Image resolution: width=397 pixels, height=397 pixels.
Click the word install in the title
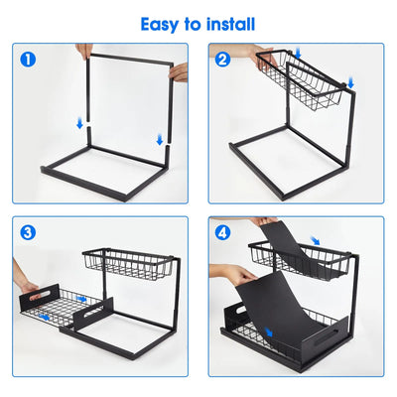click(x=229, y=23)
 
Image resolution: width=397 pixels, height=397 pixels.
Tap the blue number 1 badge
click(x=27, y=59)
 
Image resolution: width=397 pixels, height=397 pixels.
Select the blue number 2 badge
click(x=223, y=59)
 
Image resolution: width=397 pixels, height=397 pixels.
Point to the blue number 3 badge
click(x=27, y=233)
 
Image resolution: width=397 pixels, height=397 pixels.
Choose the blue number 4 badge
click(x=223, y=233)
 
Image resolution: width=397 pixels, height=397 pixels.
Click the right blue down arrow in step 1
click(x=159, y=139)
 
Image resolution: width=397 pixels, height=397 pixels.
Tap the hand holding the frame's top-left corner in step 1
click(x=84, y=51)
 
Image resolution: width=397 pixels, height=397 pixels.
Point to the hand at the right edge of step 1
click(x=179, y=71)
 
